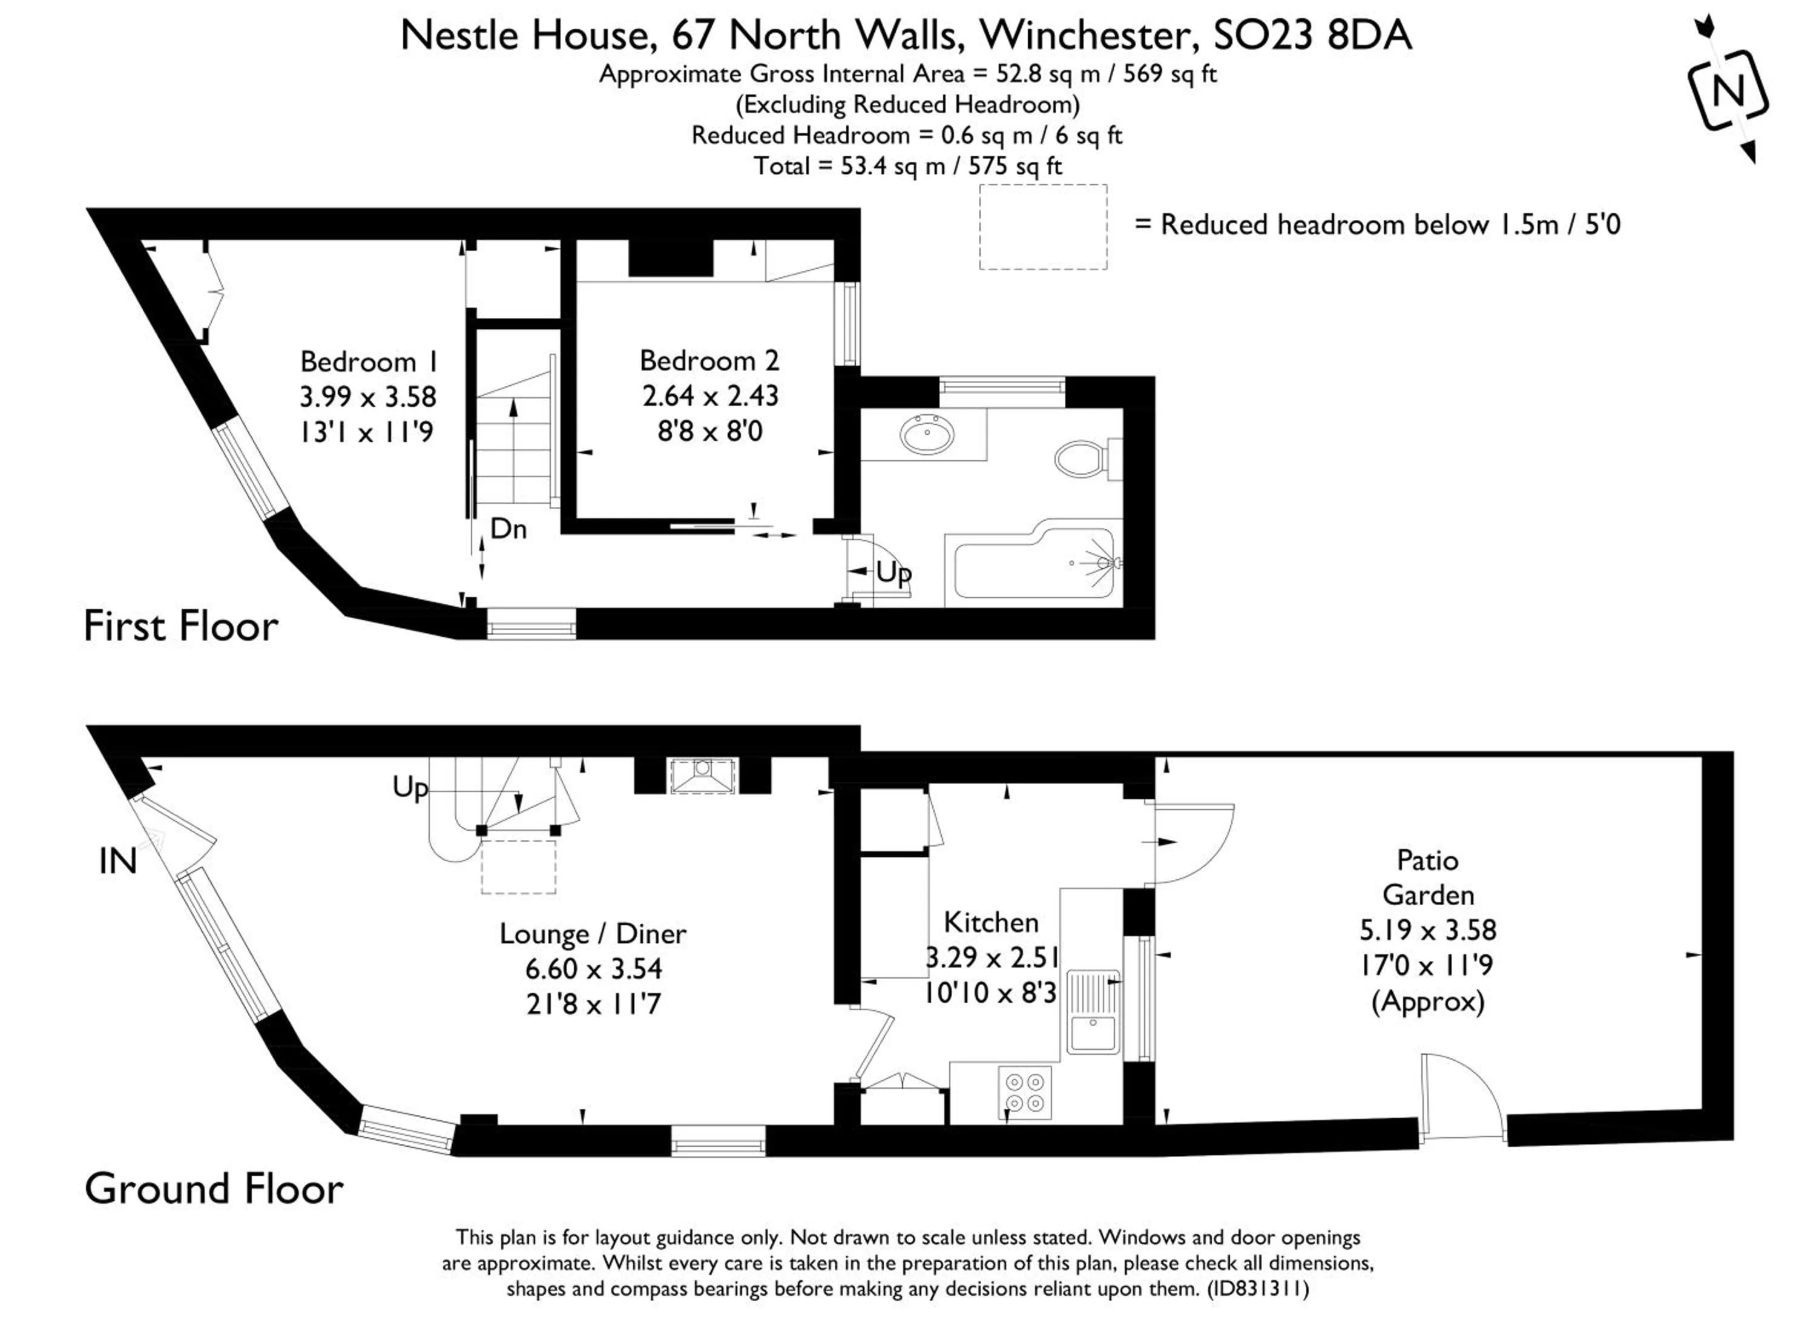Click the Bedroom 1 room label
point(368,362)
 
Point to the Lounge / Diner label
point(593,933)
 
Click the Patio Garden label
point(1427,877)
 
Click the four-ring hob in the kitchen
point(1025,1092)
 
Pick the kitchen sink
point(1094,1012)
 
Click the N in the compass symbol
point(1728,90)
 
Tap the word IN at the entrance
point(117,862)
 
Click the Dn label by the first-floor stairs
point(508,529)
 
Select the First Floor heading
point(181,626)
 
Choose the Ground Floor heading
point(214,1189)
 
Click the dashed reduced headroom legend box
point(1042,226)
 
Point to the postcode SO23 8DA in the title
point(1312,35)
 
